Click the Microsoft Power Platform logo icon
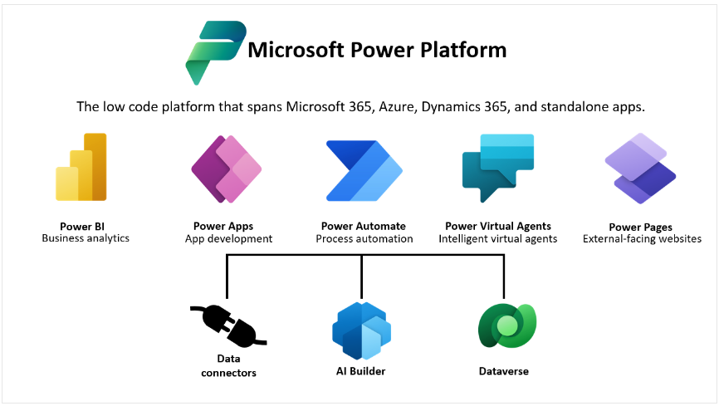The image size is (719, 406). click(215, 52)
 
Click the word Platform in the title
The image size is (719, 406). click(465, 50)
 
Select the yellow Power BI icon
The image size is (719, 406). click(81, 168)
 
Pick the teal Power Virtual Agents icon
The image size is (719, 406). click(500, 168)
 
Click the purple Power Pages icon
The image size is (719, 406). click(639, 169)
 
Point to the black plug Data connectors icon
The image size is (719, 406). click(228, 325)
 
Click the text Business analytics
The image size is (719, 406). click(86, 238)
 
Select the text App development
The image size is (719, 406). click(228, 238)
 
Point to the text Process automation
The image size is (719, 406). click(364, 238)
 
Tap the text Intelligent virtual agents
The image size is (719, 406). click(498, 238)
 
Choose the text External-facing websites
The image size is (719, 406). click(642, 239)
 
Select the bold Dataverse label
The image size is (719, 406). click(503, 371)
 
